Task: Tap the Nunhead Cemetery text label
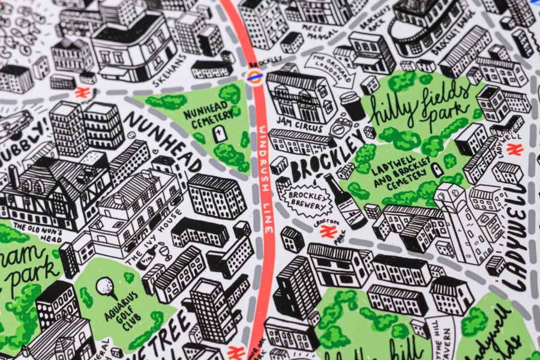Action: pyautogui.click(x=211, y=114)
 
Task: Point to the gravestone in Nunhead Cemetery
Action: pyautogui.click(x=220, y=134)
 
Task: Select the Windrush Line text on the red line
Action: pyautogui.click(x=265, y=180)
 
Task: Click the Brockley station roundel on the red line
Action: pyautogui.click(x=254, y=76)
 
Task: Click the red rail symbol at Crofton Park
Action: pyautogui.click(x=327, y=232)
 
